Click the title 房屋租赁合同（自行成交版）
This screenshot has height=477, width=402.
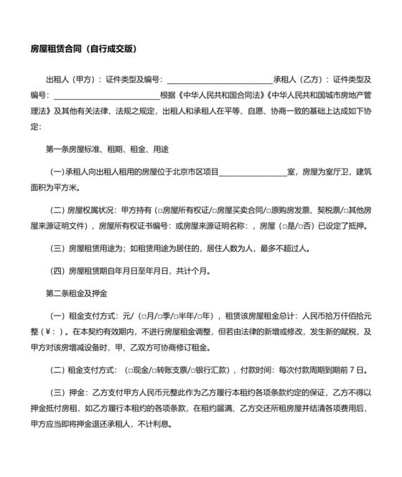coord(83,49)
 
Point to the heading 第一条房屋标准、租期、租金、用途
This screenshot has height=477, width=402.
coord(106,148)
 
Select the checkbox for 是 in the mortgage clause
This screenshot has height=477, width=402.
coord(283,225)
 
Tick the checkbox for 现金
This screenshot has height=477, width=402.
coord(128,370)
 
